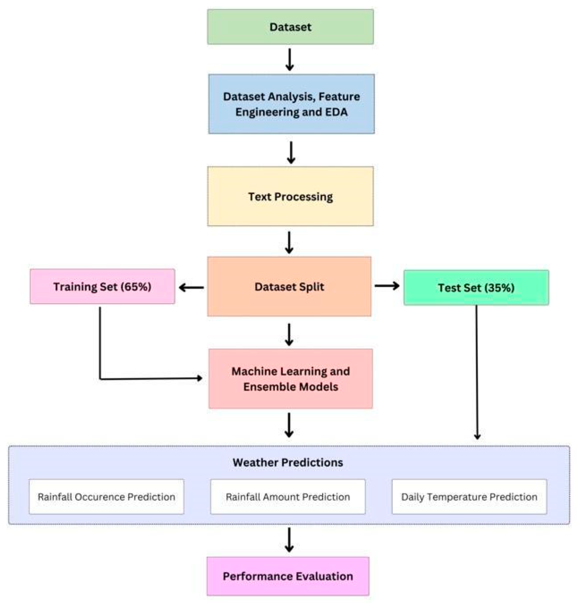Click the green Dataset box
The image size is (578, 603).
coord(290,27)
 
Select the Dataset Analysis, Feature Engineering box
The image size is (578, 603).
coord(291,104)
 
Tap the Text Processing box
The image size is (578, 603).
coord(290,196)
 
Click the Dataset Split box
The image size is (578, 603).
coord(289,286)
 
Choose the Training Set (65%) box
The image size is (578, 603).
coord(102,286)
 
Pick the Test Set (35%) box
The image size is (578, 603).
coord(476,288)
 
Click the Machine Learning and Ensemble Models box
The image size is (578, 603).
coord(291,378)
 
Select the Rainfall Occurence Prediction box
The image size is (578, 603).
coord(106,497)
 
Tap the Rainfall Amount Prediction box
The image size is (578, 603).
coord(287,497)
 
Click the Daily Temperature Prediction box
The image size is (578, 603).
coord(469,497)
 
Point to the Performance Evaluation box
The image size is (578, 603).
coord(287,576)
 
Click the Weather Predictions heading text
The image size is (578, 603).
coord(287,462)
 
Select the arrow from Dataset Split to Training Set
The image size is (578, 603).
coord(191,288)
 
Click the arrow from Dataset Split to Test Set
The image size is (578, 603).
coord(387,286)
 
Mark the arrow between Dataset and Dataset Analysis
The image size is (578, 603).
coord(290,60)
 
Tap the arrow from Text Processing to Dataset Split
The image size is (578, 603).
coord(289,242)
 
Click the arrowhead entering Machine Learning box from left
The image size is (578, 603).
coord(199,378)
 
